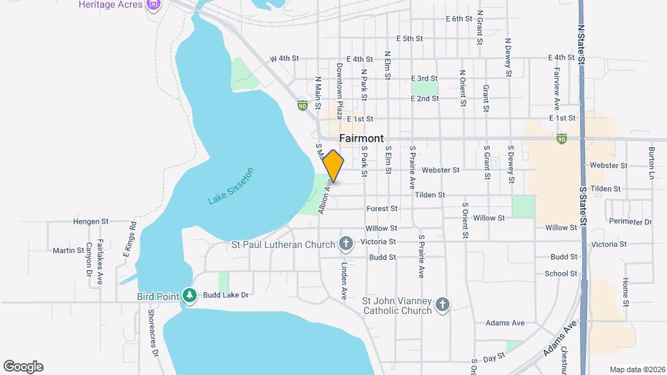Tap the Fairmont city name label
361,138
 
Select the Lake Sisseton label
231,186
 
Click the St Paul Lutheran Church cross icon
346,243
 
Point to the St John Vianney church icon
443,304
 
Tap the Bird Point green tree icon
189,295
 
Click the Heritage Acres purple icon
154,5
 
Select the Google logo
24,367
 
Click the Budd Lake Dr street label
226,295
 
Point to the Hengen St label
92,222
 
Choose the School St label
561,274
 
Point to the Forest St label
382,208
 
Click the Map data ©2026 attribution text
636,369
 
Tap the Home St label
625,292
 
